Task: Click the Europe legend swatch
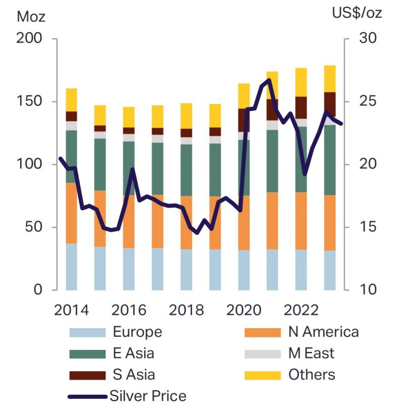coord(87,332)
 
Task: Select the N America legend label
coord(323,332)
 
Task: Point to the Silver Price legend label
coord(147,396)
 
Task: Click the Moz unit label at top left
coord(31,16)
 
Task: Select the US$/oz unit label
coord(356,13)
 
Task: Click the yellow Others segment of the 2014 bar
coord(71,100)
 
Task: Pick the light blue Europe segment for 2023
coord(330,270)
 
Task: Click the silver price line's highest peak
coord(269,80)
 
